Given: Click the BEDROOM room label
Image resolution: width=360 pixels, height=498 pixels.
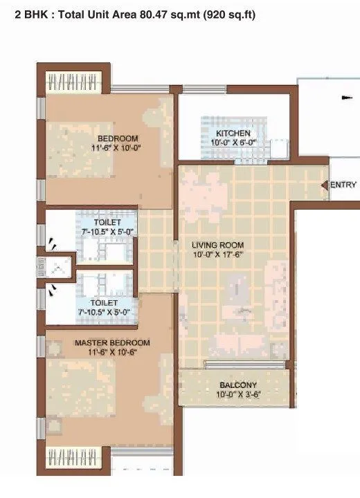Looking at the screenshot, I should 117,137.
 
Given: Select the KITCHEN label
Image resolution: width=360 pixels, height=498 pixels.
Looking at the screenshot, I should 233,133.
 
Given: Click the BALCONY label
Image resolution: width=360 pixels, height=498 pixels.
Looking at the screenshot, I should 238,385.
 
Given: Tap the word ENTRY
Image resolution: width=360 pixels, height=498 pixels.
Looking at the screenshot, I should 343,185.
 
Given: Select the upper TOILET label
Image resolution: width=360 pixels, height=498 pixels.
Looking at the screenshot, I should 107,223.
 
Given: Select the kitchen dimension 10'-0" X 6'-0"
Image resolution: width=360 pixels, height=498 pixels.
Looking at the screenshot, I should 233,142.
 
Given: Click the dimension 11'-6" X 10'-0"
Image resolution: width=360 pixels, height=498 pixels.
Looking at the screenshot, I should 117,147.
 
